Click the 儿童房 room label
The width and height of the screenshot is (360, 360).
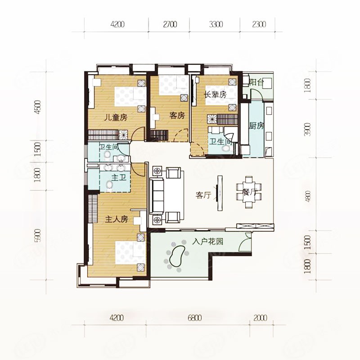pyautogui.click(x=116, y=118)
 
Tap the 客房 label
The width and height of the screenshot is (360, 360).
pyautogui.click(x=177, y=115)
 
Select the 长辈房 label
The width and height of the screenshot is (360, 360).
pyautogui.click(x=216, y=94)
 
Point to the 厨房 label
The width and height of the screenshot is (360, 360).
pyautogui.click(x=256, y=126)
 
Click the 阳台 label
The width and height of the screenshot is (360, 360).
pyautogui.click(x=256, y=82)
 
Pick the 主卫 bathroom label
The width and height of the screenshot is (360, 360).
pyautogui.click(x=119, y=177)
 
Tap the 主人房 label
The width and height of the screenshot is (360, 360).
pyautogui.click(x=117, y=219)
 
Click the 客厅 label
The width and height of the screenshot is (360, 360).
pyautogui.click(x=203, y=195)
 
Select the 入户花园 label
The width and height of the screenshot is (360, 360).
pyautogui.click(x=208, y=242)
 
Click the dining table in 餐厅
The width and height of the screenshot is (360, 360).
pyautogui.click(x=249, y=192)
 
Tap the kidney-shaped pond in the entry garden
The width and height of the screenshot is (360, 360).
pyautogui.click(x=177, y=256)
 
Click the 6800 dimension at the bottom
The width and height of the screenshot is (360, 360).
pyautogui.click(x=194, y=318)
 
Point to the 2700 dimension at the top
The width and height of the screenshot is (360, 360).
pyautogui.click(x=170, y=24)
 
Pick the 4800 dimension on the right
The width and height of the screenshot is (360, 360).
pyautogui.click(x=308, y=196)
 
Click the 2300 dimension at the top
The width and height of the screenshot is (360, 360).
pyautogui.click(x=259, y=24)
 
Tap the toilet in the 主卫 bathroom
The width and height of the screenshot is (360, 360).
pyautogui.click(x=109, y=184)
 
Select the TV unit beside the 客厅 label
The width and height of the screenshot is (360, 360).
pyautogui.click(x=220, y=193)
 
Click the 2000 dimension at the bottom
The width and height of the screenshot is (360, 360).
pyautogui.click(x=261, y=318)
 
